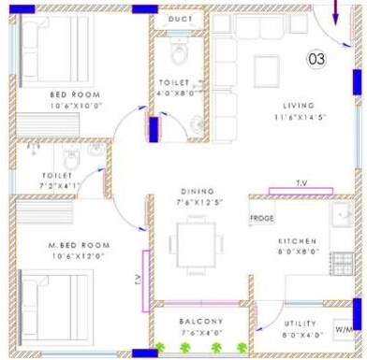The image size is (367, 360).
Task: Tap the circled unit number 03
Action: (318, 60)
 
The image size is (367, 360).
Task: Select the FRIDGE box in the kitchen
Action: (261, 219)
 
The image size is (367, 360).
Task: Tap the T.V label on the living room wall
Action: (301, 183)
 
